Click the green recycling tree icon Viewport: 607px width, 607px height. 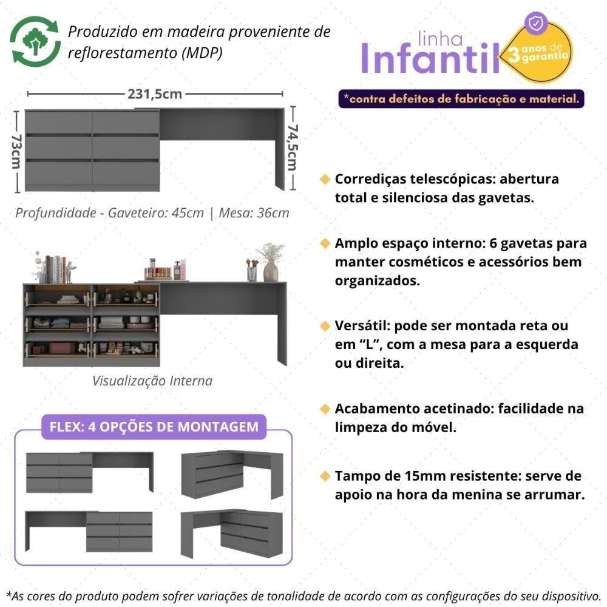[x=36, y=41]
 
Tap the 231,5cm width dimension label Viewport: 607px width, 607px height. [x=155, y=94]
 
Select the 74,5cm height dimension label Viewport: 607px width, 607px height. [x=293, y=148]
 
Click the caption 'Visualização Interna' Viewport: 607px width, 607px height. [x=152, y=381]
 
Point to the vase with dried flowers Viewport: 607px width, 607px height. [x=270, y=262]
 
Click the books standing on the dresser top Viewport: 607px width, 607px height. [x=55, y=268]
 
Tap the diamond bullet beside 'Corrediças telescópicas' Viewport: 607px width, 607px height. [x=325, y=180]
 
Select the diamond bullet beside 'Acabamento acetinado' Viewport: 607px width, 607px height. [x=325, y=409]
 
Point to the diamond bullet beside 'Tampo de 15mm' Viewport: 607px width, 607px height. [x=325, y=475]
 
